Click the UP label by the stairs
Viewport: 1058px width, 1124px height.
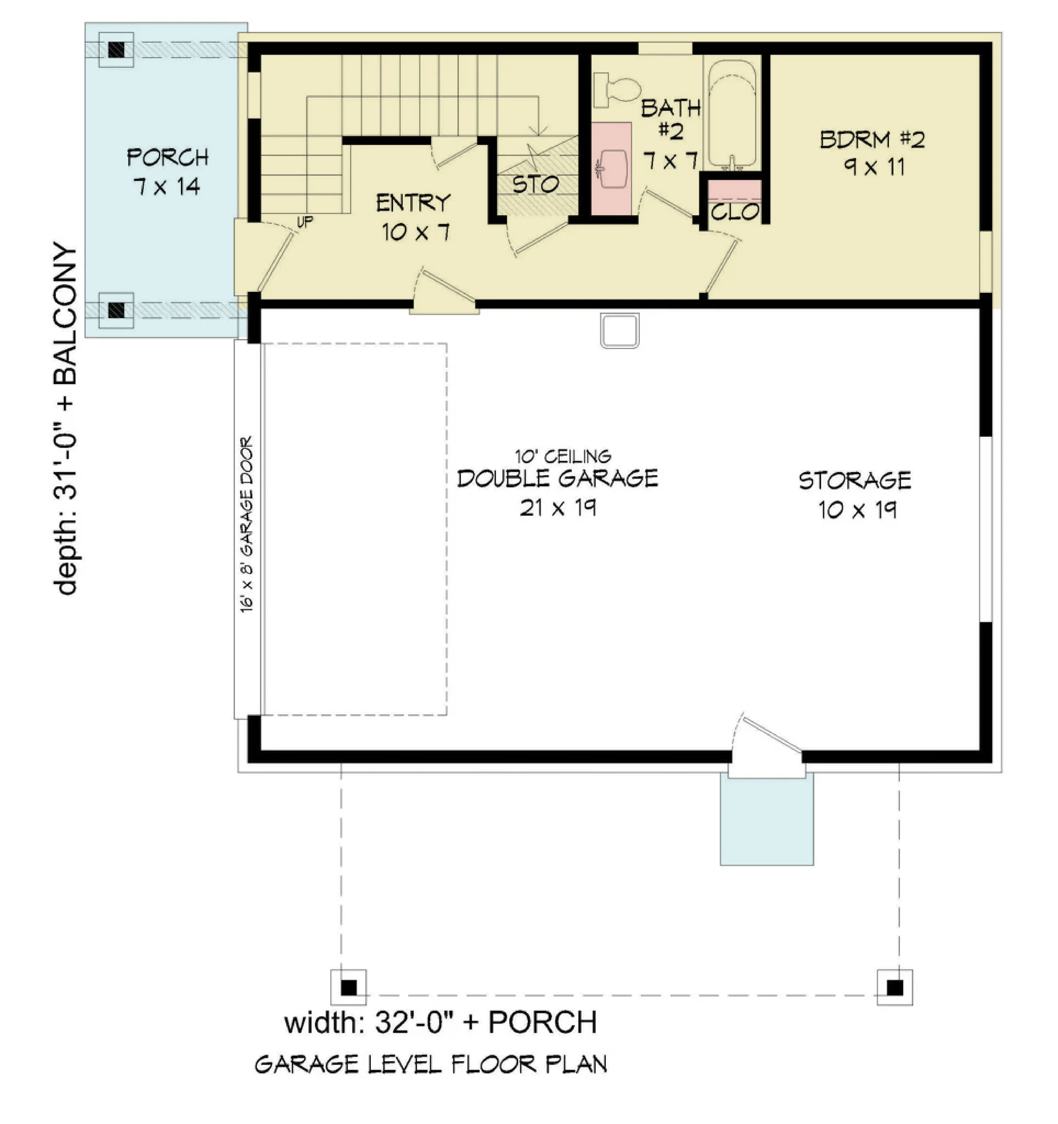point(305,222)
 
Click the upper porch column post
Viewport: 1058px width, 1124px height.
point(116,50)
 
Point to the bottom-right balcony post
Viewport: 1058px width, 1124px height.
point(895,987)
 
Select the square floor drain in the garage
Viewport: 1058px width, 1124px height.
point(620,331)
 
